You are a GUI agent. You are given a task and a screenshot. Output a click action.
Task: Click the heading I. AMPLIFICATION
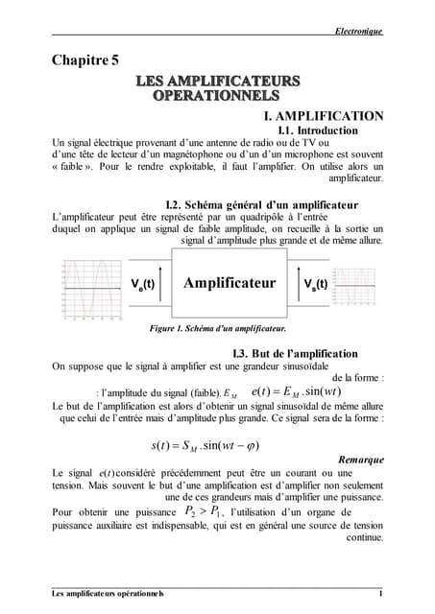click(x=324, y=116)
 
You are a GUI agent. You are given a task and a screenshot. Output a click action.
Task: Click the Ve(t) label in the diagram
click(x=143, y=284)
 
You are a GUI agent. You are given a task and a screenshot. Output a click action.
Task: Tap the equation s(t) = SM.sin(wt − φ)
click(x=205, y=445)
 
